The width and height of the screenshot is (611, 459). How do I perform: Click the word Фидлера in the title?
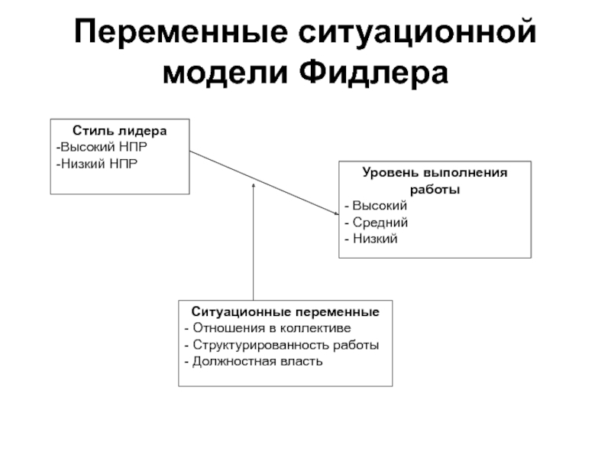pyautogui.click(x=373, y=73)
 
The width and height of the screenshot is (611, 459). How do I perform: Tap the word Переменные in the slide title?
pyautogui.click(x=181, y=32)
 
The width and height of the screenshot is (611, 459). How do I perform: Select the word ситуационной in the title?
pyautogui.click(x=418, y=33)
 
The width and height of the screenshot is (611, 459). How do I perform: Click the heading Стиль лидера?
pyautogui.click(x=120, y=131)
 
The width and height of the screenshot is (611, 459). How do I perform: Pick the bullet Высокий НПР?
pyautogui.click(x=102, y=147)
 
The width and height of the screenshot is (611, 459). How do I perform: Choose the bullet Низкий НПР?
pyautogui.click(x=97, y=164)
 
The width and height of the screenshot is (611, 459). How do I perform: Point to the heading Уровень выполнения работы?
pyautogui.click(x=435, y=181)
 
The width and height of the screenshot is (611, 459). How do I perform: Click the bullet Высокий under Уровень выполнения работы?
pyautogui.click(x=376, y=206)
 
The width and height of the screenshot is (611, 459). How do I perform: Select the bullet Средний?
pyautogui.click(x=376, y=223)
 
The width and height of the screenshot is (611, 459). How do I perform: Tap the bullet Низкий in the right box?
pyautogui.click(x=371, y=239)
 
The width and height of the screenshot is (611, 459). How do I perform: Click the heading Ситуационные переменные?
pyautogui.click(x=285, y=312)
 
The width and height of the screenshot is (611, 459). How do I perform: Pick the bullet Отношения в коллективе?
pyautogui.click(x=267, y=328)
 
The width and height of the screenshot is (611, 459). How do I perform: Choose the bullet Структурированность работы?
pyautogui.click(x=281, y=345)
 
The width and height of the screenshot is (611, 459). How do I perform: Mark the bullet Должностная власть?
pyautogui.click(x=254, y=361)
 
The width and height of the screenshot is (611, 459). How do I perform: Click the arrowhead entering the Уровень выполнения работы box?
pyautogui.click(x=337, y=213)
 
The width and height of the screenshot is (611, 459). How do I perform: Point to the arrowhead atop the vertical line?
pyautogui.click(x=254, y=184)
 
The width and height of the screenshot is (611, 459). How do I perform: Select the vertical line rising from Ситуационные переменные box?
pyautogui.click(x=254, y=242)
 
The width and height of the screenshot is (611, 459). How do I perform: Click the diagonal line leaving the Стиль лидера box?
pyautogui.click(x=264, y=183)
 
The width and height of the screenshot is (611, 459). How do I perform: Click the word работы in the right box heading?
pyautogui.click(x=435, y=189)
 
